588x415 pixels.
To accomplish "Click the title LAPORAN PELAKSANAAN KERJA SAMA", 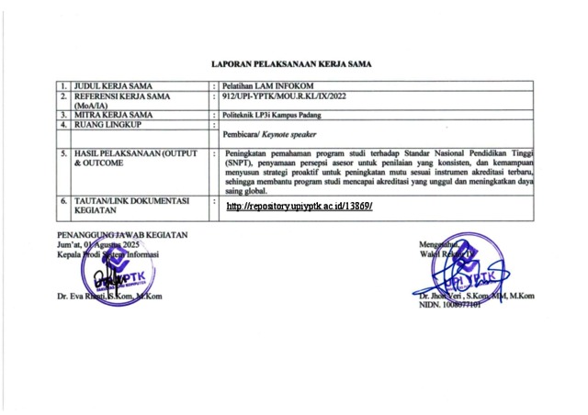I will [291, 64].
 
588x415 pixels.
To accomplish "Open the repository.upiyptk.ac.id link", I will [299, 207].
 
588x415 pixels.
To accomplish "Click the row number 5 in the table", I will [63, 153].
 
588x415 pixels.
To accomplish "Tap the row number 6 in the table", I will [63, 199].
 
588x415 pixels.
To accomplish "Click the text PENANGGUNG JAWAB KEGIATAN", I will [122, 235].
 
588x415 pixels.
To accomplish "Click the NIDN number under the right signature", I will [449, 305].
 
